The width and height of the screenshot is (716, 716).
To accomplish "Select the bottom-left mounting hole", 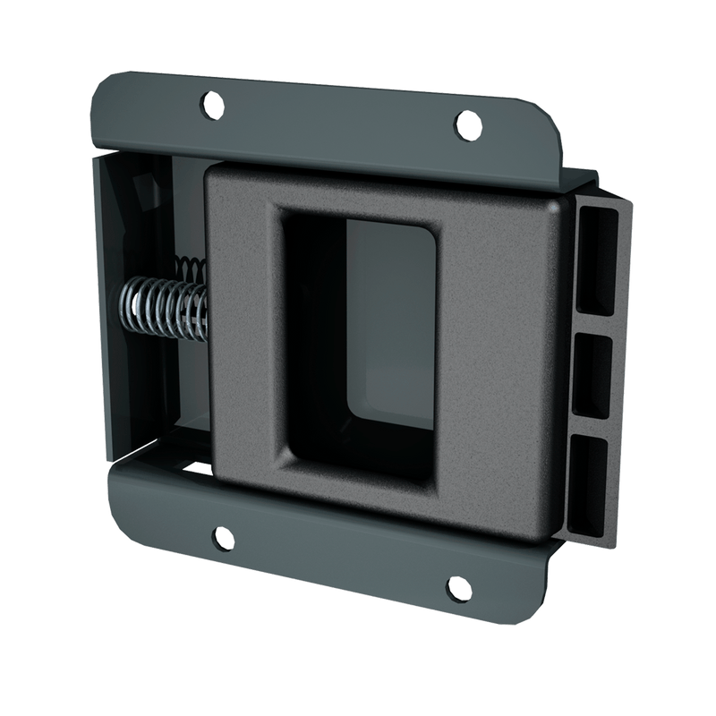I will (x=218, y=537).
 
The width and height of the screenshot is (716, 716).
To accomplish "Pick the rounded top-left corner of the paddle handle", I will (x=215, y=175).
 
